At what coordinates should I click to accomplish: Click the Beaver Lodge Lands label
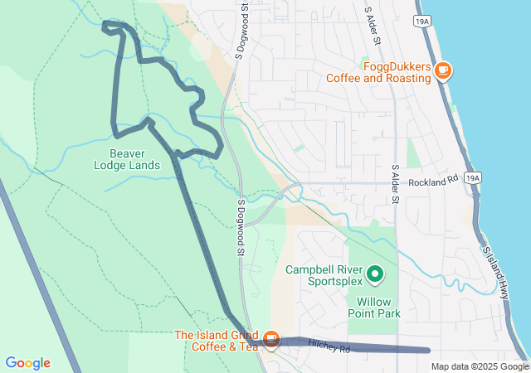[x=134, y=159]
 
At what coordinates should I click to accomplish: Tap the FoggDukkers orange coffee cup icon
[x=443, y=70]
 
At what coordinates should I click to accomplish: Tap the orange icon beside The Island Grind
[x=270, y=339]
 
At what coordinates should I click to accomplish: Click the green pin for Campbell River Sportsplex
[x=375, y=273]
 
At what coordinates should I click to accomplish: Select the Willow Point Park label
[x=379, y=308]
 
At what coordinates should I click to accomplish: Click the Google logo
[x=27, y=363]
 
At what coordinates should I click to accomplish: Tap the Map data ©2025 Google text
[x=478, y=366]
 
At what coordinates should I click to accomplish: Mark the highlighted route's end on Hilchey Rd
[x=428, y=351]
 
